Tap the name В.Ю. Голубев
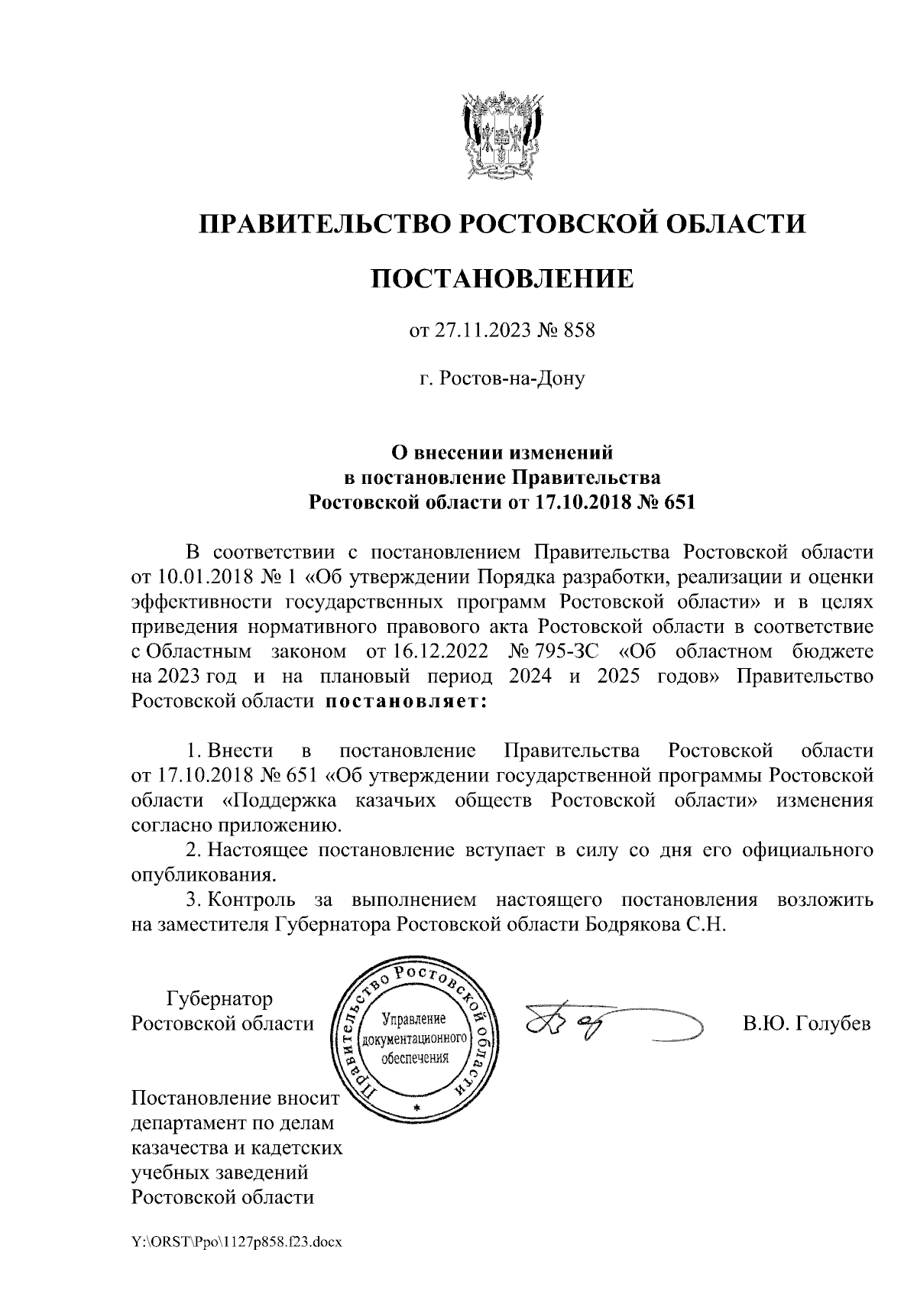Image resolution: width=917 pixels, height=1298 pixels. click(x=807, y=1024)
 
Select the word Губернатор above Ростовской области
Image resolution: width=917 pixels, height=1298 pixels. click(x=219, y=999)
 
